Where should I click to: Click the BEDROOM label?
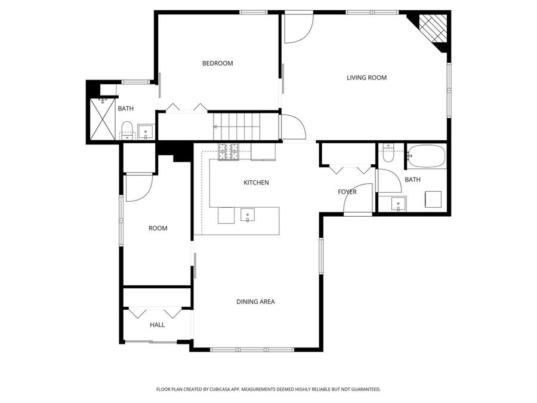[217, 63]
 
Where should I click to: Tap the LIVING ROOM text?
[367, 78]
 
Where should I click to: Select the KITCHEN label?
[256, 183]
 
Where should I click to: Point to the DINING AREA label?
[255, 302]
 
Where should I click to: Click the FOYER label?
[347, 192]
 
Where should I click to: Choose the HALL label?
[157, 325]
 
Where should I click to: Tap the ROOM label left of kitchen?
[158, 228]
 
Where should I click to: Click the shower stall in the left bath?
[101, 118]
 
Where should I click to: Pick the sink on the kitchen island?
[248, 215]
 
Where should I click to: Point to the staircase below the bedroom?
[239, 126]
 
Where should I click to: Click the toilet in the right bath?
[388, 154]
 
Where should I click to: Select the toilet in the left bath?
[126, 128]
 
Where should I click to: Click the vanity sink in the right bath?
[399, 204]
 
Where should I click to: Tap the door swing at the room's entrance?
[139, 188]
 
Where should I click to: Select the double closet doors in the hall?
[156, 312]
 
